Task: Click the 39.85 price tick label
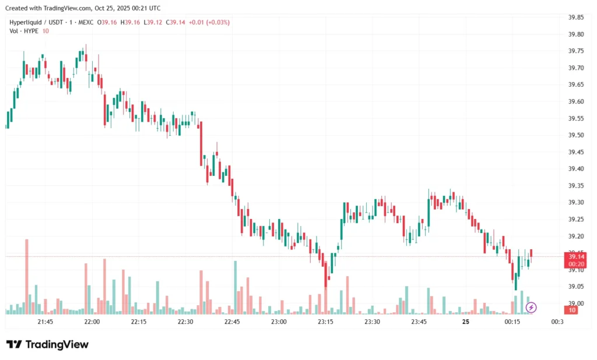click(x=575, y=17)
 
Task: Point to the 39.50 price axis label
click(x=575, y=135)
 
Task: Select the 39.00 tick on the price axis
click(x=575, y=303)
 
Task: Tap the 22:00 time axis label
click(x=92, y=322)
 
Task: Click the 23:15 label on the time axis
click(x=325, y=322)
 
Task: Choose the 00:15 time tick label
click(x=512, y=322)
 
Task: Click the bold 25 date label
click(x=466, y=322)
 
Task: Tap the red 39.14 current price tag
click(x=577, y=256)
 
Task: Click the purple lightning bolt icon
click(x=531, y=307)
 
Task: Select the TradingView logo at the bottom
click(x=48, y=344)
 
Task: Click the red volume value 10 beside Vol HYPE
click(x=45, y=30)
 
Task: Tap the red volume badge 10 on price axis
click(x=573, y=310)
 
